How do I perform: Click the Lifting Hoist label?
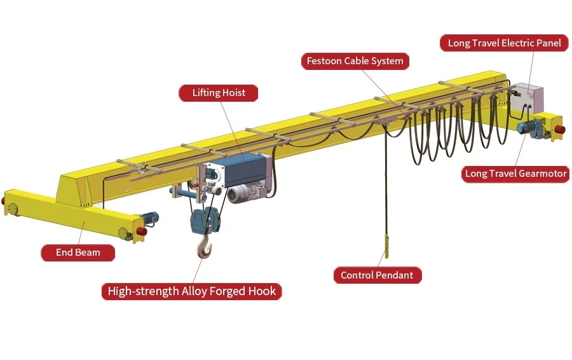219,93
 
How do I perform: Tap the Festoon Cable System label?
355,62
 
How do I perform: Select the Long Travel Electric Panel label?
504,43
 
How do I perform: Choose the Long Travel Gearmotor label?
515,174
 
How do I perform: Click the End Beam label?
78,253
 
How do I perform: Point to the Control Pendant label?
377,275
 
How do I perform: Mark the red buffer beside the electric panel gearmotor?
559,130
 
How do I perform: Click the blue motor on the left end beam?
150,219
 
